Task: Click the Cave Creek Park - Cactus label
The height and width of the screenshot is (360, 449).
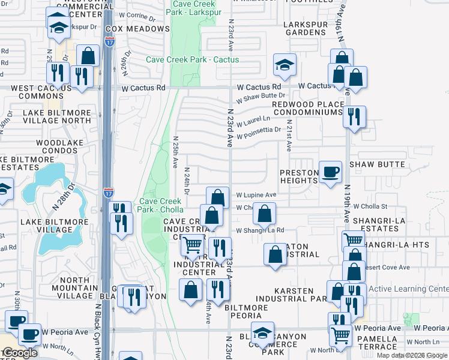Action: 193,59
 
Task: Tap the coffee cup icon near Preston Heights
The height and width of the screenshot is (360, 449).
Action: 330,173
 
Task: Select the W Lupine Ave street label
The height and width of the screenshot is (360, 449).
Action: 256,195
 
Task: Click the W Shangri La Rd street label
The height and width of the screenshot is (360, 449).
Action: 260,230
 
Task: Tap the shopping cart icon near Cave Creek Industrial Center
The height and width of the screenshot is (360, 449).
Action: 191,245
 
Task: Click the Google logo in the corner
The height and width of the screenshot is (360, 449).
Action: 20,353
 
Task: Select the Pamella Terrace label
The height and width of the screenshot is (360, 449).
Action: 378,343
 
